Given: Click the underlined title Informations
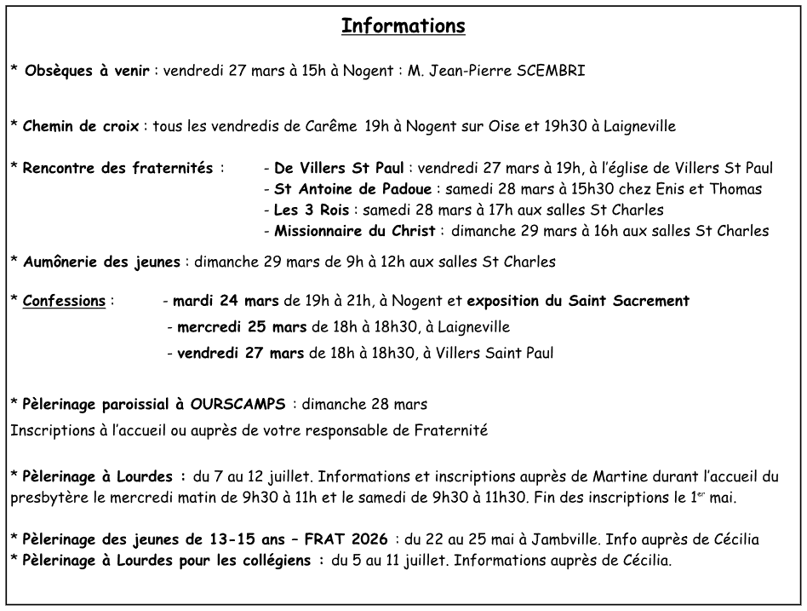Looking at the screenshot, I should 403,26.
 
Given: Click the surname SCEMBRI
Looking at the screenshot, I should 550,71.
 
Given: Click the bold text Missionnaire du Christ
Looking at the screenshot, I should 355,231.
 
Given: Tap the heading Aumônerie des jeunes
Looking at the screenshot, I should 101,262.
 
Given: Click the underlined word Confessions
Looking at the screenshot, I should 65,301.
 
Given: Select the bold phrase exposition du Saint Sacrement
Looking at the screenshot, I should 578,301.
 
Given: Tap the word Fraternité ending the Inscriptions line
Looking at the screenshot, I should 450,431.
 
